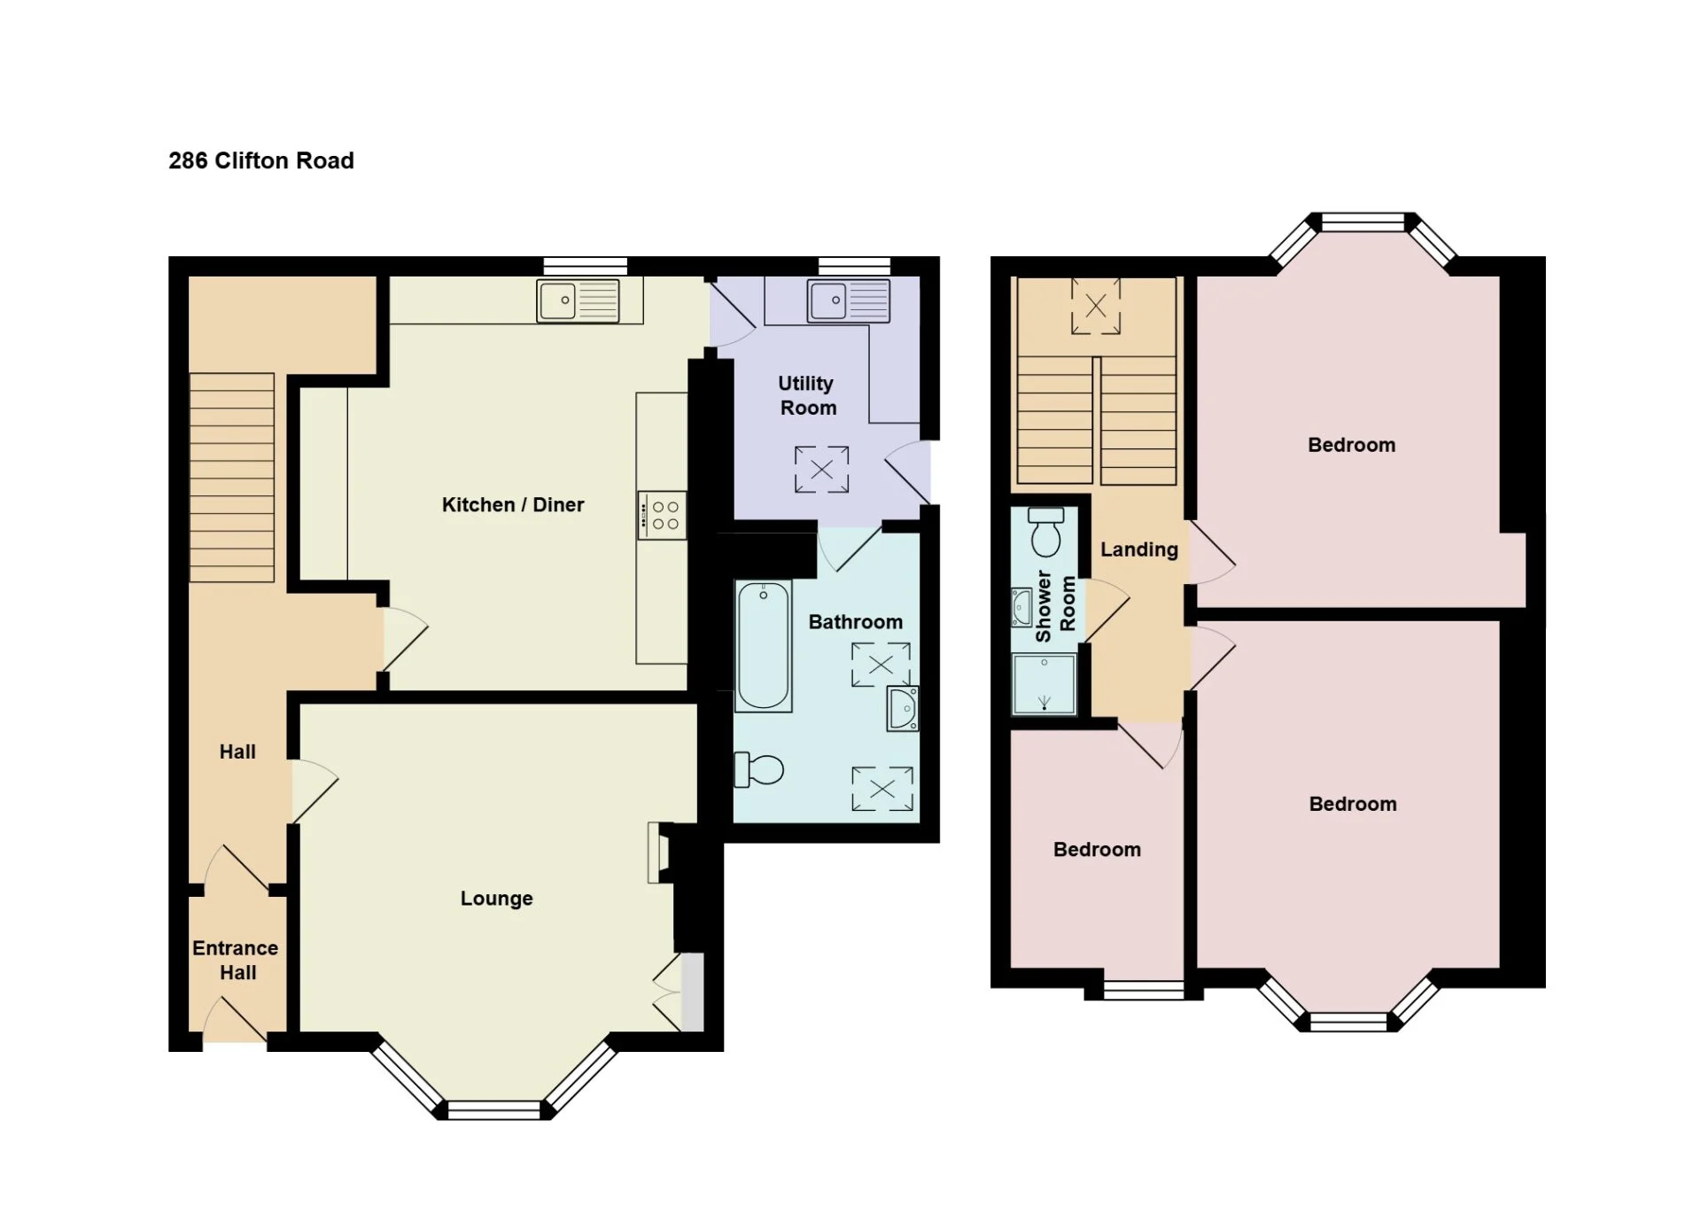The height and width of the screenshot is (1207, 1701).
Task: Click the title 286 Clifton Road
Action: (x=261, y=160)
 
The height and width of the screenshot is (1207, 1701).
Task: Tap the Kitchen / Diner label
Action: (x=513, y=504)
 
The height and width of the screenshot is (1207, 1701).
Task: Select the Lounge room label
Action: (x=496, y=899)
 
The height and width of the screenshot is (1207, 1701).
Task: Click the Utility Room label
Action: (x=807, y=395)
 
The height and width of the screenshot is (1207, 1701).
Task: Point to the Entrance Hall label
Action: (x=236, y=960)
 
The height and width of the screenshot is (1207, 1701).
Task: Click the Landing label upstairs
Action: (x=1139, y=549)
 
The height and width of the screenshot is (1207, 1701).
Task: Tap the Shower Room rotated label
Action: (x=1055, y=606)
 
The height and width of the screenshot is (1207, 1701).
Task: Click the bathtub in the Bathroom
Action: (x=764, y=646)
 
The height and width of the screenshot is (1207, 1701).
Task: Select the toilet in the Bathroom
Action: (x=759, y=769)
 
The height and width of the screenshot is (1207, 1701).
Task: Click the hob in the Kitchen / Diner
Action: (x=662, y=515)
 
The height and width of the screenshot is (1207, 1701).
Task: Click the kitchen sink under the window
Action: (x=579, y=300)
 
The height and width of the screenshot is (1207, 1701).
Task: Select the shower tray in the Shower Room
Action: (x=1045, y=683)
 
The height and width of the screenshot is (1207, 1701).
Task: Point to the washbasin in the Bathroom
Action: (x=903, y=708)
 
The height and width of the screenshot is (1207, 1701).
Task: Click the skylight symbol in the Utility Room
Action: (x=821, y=470)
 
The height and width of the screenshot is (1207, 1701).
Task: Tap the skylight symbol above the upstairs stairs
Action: (x=1096, y=307)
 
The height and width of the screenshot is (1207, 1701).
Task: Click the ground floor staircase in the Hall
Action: (x=232, y=478)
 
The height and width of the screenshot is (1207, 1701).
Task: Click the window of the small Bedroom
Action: (x=1144, y=991)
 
